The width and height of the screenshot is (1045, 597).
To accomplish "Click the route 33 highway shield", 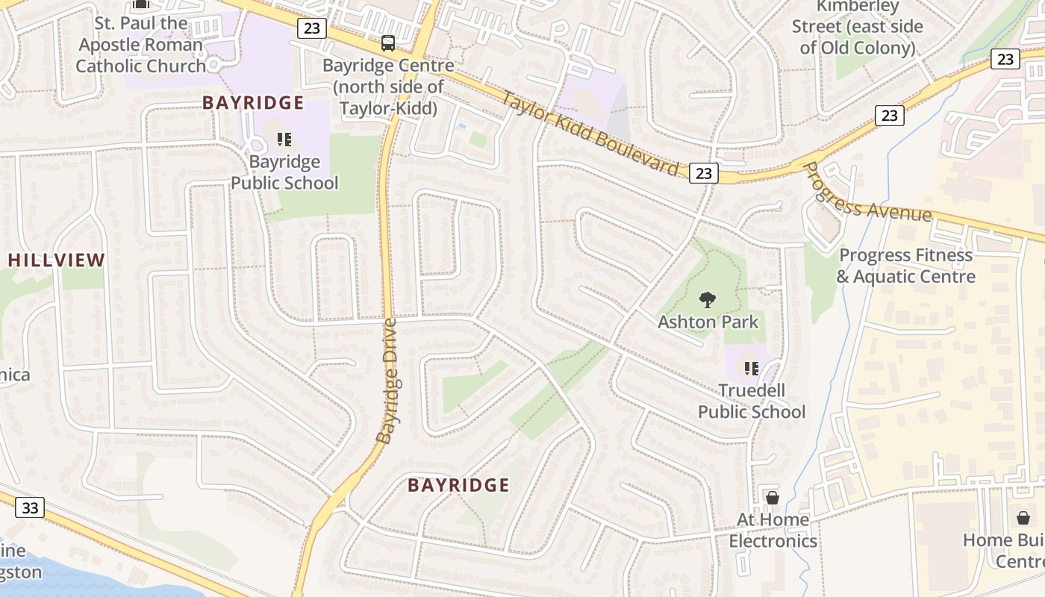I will [30, 508].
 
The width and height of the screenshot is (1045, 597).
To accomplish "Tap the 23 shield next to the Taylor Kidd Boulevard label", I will [703, 173].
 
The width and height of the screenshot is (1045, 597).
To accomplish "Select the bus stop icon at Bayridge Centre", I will [388, 43].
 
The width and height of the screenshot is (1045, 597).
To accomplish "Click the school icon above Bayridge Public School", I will [284, 140].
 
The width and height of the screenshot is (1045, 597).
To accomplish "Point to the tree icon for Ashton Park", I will [707, 300].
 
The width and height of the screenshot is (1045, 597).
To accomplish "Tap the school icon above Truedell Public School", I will [751, 368].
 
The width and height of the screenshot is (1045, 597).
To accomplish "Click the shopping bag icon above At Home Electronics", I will [773, 497].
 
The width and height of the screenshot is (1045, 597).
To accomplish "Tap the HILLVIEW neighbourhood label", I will [57, 260].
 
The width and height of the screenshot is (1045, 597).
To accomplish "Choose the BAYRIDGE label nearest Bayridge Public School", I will [253, 103].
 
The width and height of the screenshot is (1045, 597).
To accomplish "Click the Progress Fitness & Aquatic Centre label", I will [906, 266].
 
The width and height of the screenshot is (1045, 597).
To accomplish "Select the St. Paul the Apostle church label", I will [141, 44].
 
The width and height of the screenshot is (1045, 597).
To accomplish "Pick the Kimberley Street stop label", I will [857, 27].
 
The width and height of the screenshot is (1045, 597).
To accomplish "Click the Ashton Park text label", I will [708, 322].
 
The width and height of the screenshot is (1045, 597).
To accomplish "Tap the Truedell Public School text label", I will [752, 401].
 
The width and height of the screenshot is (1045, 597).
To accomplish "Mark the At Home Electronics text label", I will [773, 530].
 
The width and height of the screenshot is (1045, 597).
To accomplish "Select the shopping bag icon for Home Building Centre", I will [1023, 517].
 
